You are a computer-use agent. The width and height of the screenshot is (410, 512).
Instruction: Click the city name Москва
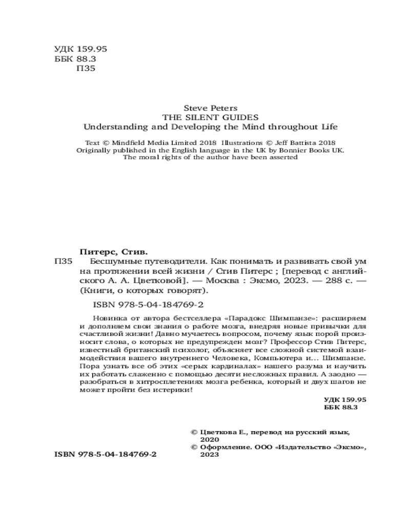[x=223, y=281]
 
